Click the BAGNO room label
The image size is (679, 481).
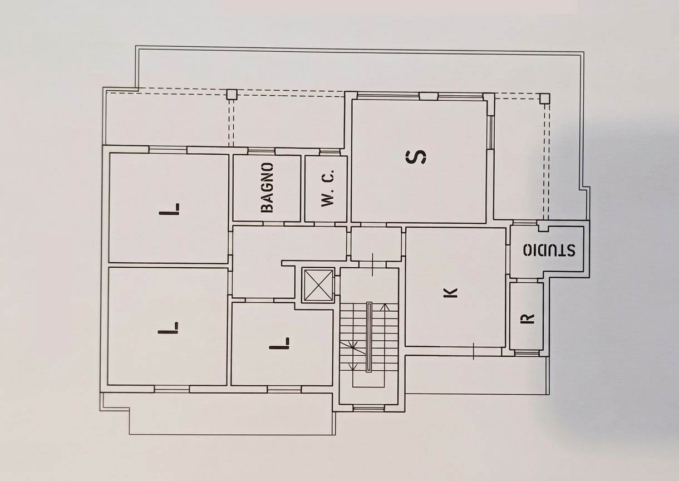point(267,187)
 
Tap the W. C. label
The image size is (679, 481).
point(327,188)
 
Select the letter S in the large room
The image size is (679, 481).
point(416,156)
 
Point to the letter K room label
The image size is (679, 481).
point(450,293)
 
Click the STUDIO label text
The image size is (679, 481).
point(549,249)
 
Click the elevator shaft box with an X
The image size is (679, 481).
point(318,285)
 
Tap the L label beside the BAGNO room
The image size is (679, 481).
point(169,209)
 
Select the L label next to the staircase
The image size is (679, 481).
point(279,343)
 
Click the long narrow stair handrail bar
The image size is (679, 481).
point(369,337)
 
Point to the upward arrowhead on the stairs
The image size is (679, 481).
point(385,307)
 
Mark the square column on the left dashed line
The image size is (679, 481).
point(232,94)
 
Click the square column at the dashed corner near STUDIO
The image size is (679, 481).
point(545,99)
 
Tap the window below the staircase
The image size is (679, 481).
point(369,408)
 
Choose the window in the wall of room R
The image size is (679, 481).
point(527,353)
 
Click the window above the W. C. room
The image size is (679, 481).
point(329,151)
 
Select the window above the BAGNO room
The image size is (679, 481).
point(261,151)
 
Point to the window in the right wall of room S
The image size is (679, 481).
point(490,132)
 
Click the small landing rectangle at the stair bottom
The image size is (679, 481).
point(369,380)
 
